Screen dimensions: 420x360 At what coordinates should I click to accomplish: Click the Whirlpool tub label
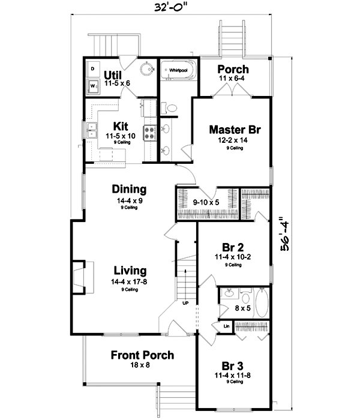click(178, 70)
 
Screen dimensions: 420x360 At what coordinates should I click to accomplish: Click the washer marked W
click(93, 86)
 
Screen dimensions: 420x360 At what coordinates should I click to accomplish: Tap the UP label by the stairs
click(185, 303)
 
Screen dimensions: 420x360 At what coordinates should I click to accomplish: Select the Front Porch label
click(142, 355)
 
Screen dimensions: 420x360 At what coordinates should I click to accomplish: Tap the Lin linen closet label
click(227, 326)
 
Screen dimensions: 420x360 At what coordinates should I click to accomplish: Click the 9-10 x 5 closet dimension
click(205, 203)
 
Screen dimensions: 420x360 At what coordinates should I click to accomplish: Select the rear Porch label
click(233, 69)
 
